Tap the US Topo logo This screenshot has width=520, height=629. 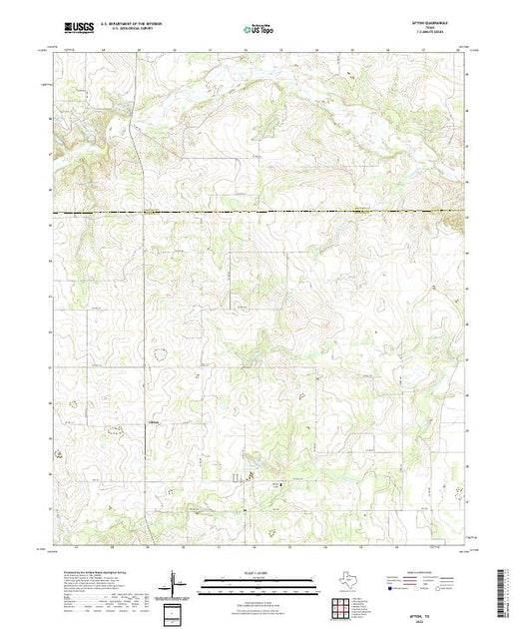pos(260,31)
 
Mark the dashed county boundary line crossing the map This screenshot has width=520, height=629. pos(260,214)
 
